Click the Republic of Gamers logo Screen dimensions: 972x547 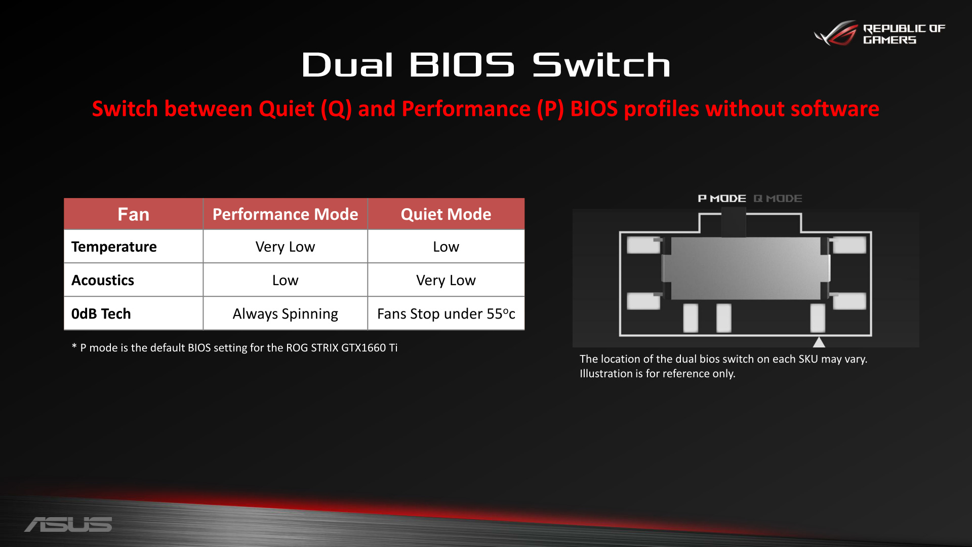[x=880, y=33]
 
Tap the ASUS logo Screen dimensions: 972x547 [x=68, y=524]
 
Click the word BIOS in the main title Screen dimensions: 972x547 [x=462, y=65]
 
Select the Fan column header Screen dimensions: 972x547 [x=134, y=214]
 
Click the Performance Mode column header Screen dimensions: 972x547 [x=285, y=214]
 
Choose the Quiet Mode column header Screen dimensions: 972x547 [x=446, y=214]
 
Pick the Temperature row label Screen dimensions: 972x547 [x=114, y=247]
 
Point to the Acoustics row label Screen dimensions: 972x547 [x=103, y=280]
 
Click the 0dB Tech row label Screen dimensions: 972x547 [x=101, y=314]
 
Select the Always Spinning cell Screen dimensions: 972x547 [x=285, y=314]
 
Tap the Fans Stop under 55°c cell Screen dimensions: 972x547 [x=446, y=314]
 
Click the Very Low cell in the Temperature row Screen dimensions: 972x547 [x=285, y=247]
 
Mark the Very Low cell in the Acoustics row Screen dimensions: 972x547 [x=446, y=280]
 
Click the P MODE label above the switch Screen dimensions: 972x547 [x=722, y=199]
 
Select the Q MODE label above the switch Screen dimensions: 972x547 [x=778, y=199]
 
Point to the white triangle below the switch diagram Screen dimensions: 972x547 [x=819, y=343]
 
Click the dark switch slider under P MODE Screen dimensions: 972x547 [x=734, y=222]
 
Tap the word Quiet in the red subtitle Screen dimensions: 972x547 [x=287, y=109]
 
